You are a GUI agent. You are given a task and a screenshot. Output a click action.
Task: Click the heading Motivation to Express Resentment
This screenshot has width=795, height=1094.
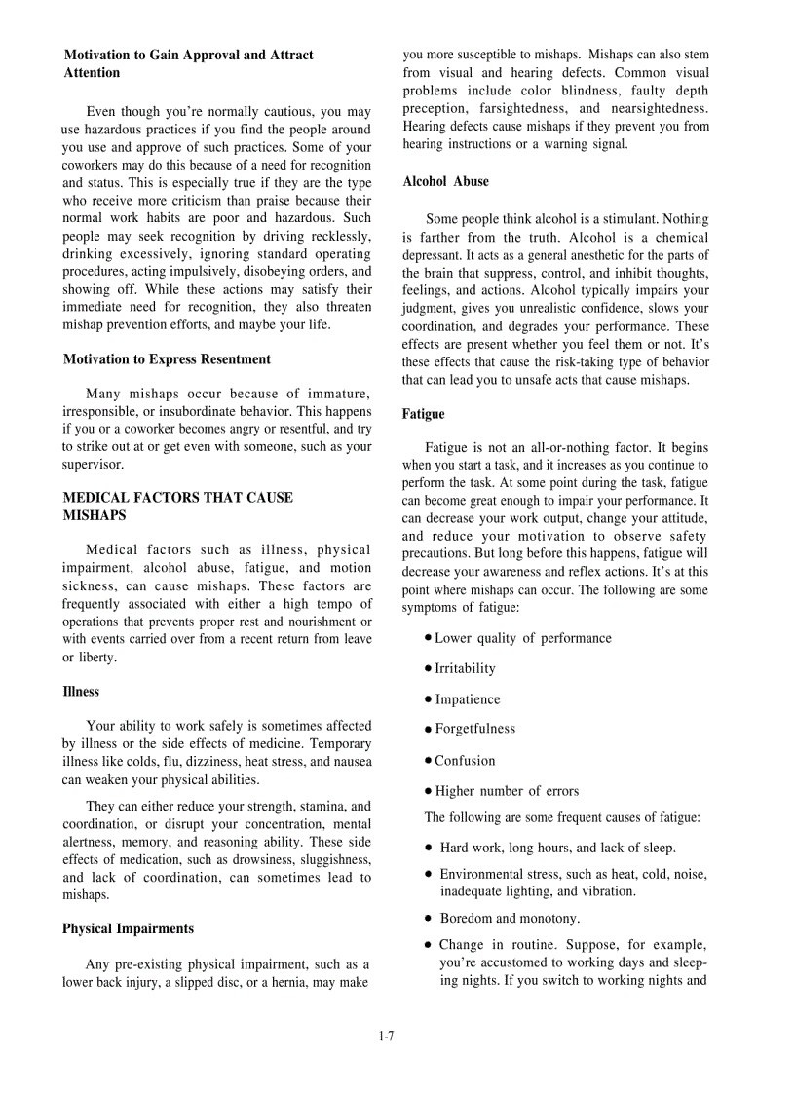pos(167,359)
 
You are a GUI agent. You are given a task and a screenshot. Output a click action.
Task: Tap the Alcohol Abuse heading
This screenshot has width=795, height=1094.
pos(445,182)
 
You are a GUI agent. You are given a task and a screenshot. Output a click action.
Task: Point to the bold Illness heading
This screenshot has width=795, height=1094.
pos(81,692)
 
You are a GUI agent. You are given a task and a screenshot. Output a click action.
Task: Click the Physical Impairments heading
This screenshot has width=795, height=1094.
pos(128,929)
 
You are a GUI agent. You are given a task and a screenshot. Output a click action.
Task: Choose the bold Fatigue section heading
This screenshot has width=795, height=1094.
pos(423,415)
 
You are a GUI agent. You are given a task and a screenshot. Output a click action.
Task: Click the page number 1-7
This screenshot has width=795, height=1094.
pos(386,1036)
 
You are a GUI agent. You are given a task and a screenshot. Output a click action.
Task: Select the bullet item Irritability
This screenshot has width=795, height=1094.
pos(465,669)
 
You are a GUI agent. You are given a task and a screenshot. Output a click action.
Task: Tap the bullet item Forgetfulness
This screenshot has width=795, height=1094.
pos(474,729)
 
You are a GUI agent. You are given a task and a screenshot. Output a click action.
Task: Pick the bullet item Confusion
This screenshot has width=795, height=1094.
pos(465,761)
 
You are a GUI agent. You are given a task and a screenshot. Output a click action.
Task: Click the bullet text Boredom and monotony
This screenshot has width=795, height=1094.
pos(510,919)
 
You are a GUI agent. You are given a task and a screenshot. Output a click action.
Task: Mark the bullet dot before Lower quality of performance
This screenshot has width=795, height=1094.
pos(429,638)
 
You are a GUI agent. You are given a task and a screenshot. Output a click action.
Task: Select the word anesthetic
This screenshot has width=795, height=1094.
pos(579,255)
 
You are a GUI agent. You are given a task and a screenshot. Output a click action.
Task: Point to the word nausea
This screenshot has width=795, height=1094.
pos(351,762)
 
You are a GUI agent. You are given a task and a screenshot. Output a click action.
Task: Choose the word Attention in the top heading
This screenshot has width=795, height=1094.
pos(93,73)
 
